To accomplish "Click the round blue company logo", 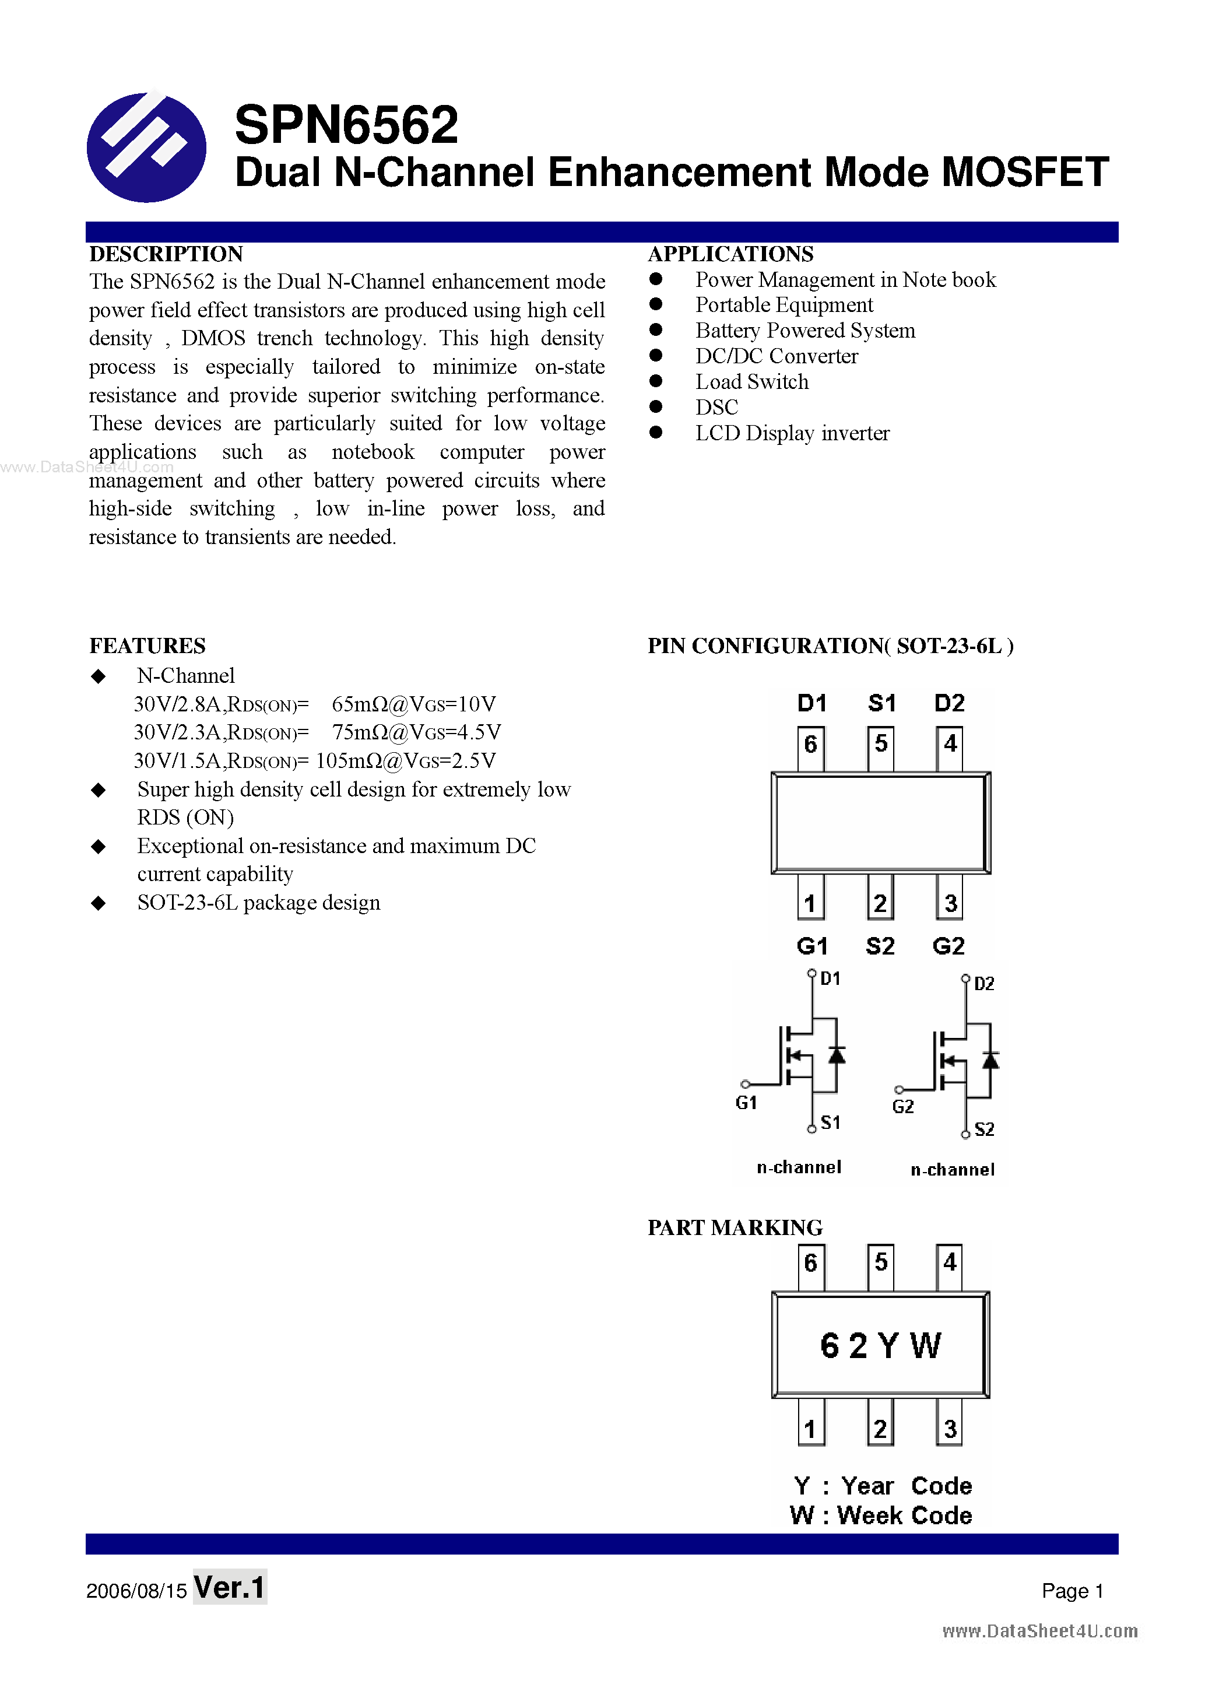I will click(x=146, y=147).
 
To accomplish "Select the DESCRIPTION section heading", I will click(x=166, y=254).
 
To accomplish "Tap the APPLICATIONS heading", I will click(x=730, y=254).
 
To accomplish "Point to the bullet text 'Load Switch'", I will click(x=751, y=382).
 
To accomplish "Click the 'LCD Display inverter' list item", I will click(x=792, y=433).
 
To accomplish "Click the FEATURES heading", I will click(x=147, y=646).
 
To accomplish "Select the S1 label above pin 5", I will click(x=881, y=703).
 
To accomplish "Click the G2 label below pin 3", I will click(x=948, y=946).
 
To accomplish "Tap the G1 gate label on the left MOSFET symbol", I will click(x=746, y=1103).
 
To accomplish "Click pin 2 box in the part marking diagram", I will click(x=880, y=1429).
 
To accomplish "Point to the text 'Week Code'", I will click(x=904, y=1515).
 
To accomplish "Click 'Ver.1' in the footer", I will click(x=230, y=1588).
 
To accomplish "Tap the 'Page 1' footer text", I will click(x=1072, y=1591).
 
